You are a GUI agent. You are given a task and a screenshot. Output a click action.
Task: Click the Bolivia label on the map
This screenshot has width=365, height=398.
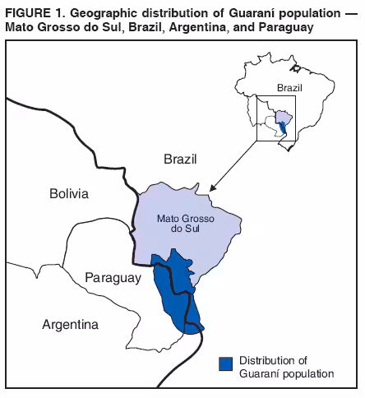click(x=68, y=194)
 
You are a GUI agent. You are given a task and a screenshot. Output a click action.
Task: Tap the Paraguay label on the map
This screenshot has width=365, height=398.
click(x=113, y=279)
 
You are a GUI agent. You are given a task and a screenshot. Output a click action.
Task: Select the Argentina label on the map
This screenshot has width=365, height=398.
click(x=70, y=324)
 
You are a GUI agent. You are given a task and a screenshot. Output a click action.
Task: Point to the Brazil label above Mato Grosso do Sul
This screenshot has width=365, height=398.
click(x=181, y=159)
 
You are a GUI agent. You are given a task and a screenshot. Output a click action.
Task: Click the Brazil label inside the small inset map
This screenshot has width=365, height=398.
click(x=290, y=87)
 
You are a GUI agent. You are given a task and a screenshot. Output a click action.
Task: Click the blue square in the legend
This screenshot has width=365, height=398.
click(x=225, y=363)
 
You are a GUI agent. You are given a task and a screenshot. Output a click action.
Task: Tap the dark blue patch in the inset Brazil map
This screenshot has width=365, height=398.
click(x=284, y=127)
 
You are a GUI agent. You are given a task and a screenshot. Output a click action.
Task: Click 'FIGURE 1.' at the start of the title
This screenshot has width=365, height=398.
click(x=32, y=10)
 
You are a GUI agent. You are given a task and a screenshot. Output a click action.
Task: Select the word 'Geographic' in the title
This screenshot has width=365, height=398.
click(x=95, y=10)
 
